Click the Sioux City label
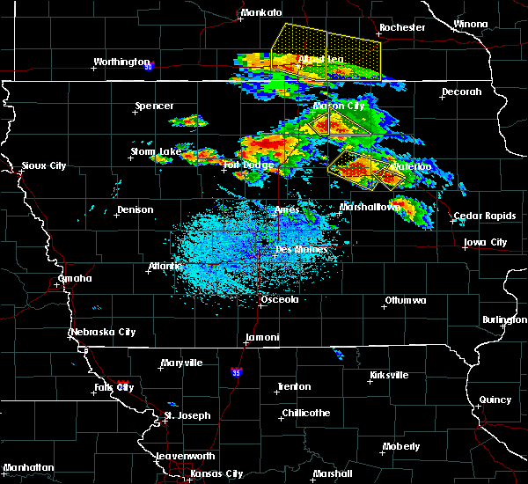[44, 165]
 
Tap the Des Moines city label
[302, 250]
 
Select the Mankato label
[261, 13]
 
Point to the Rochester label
[402, 27]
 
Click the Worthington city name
[121, 62]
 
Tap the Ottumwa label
[405, 301]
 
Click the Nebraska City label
[102, 333]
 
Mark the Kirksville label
[388, 376]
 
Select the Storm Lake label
[156, 151]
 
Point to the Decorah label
[462, 92]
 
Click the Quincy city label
[495, 400]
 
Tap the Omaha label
[75, 279]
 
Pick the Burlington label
[504, 319]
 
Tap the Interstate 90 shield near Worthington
[149, 66]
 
